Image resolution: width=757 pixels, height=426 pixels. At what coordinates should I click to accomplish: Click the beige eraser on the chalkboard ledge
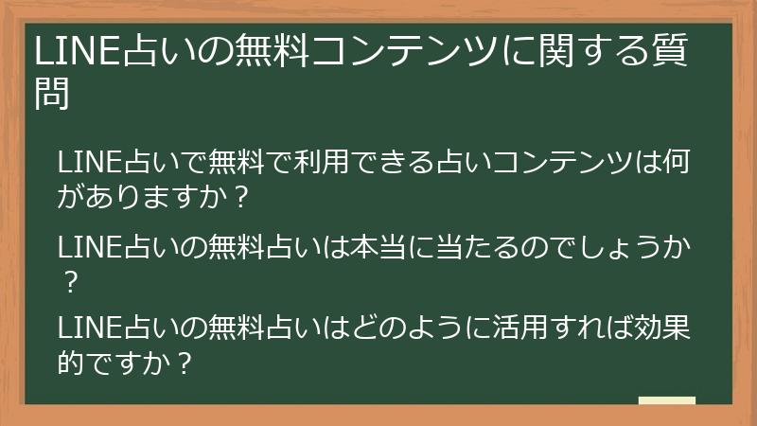coord(667,401)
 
